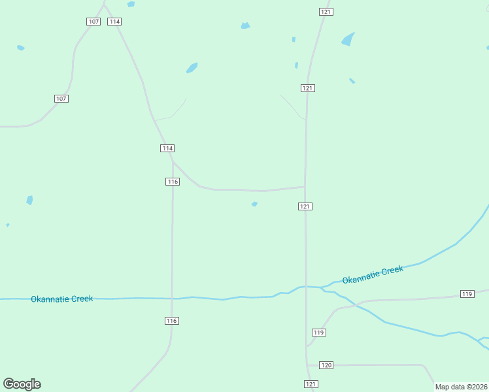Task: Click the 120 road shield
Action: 328,365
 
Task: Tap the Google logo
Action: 22,384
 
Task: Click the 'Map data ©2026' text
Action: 460,387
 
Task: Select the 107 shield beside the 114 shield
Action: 93,22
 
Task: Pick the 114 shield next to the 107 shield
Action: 115,22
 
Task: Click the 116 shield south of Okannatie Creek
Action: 172,321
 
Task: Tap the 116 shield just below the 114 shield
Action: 173,182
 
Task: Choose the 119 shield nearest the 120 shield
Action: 318,333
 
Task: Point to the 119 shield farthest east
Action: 467,294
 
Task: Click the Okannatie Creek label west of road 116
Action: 62,299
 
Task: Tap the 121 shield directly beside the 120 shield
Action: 311,384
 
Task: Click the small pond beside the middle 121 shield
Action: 254,204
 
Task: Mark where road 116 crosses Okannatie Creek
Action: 172,299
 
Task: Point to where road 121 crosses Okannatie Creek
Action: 306,286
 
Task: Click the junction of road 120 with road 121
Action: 307,365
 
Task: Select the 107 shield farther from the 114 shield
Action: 61,99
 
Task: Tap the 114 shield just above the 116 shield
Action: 167,148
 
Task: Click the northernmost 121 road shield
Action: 326,12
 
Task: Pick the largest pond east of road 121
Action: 348,39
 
